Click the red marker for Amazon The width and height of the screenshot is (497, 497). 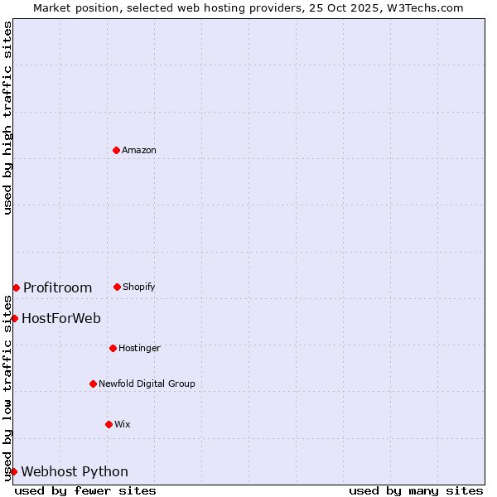pyautogui.click(x=116, y=150)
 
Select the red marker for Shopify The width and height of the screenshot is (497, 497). pyautogui.click(x=117, y=287)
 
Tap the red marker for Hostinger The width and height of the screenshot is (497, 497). pyautogui.click(x=113, y=348)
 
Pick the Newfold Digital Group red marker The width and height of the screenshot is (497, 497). pyautogui.click(x=93, y=384)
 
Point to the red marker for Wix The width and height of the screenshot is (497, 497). pyautogui.click(x=109, y=424)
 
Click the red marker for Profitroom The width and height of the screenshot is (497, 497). pyautogui.click(x=16, y=287)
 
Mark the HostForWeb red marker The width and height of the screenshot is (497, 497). pyautogui.click(x=14, y=318)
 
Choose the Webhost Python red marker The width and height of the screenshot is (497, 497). pyautogui.click(x=13, y=471)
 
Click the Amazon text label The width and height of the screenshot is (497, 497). pyautogui.click(x=139, y=150)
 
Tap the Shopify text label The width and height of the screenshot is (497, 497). pyautogui.click(x=139, y=287)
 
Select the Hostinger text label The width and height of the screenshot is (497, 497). pyautogui.click(x=139, y=348)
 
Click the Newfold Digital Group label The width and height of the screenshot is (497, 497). pyautogui.click(x=147, y=384)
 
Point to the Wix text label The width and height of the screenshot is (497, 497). pyautogui.click(x=123, y=424)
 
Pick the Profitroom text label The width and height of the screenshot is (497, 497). pyautogui.click(x=57, y=287)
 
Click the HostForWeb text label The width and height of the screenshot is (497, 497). pyautogui.click(x=61, y=318)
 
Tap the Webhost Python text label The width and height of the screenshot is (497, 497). pyautogui.click(x=75, y=471)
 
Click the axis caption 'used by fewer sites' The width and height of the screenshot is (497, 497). pyautogui.click(x=85, y=490)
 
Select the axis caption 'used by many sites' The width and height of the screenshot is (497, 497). pyautogui.click(x=416, y=490)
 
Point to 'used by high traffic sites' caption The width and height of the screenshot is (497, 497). pyautogui.click(x=7, y=118)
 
